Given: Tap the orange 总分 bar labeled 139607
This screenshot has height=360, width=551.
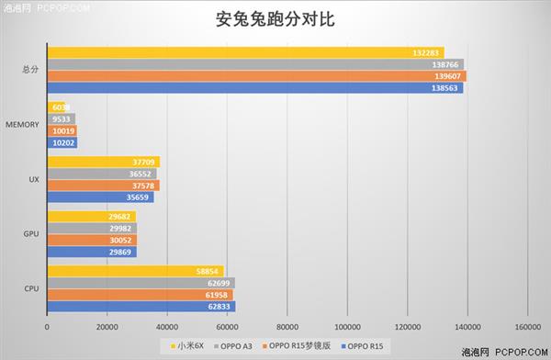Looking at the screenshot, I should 256,76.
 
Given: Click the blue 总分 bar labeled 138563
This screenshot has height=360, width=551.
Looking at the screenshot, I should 254,88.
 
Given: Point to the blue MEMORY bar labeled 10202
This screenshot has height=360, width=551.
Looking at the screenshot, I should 62,142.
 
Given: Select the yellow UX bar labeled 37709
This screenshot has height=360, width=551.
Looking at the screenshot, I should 103,162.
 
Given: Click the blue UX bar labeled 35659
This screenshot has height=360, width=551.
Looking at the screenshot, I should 99,197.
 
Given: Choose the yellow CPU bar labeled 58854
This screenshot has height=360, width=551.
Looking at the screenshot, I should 134,271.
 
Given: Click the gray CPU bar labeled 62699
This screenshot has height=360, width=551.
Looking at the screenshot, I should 140,283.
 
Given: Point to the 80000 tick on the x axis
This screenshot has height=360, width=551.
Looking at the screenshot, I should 287,325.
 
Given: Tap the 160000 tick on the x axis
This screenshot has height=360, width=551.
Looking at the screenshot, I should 526,325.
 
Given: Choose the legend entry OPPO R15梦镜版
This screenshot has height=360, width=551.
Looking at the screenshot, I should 304,345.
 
